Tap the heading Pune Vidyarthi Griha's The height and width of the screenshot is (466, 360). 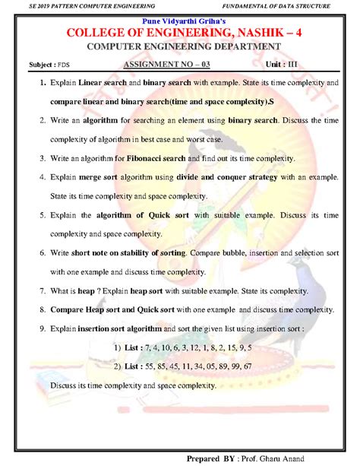point(180,20)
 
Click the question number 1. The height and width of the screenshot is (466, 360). point(33,81)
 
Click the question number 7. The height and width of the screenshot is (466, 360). point(33,290)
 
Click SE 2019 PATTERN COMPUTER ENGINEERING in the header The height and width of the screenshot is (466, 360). point(78,6)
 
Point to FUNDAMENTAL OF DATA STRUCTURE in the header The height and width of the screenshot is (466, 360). point(281,6)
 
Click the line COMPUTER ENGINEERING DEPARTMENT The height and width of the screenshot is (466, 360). point(180,47)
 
